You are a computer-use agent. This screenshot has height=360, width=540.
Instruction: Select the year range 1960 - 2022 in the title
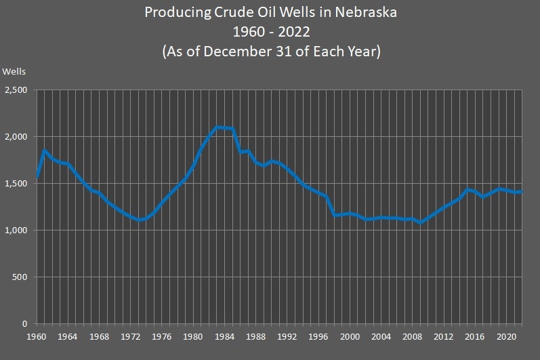point(269,32)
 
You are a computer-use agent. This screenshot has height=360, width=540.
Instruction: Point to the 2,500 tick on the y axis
point(16,90)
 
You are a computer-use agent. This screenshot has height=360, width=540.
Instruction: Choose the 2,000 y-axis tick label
point(16,137)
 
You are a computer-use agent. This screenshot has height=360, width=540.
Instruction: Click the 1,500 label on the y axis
point(16,184)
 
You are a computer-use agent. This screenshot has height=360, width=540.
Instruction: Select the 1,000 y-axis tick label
point(16,231)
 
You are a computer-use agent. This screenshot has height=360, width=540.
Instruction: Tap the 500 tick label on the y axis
point(20,277)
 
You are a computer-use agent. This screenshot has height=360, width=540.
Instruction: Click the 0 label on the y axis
point(25,324)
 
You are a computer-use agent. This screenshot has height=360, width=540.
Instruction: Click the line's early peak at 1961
point(45,151)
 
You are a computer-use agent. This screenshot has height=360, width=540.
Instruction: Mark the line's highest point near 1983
point(217,127)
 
